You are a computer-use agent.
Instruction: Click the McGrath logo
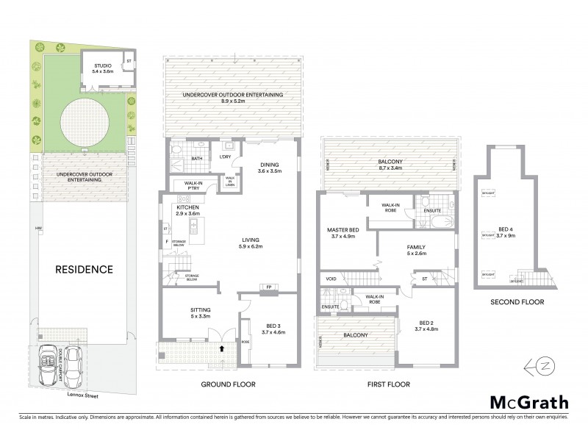(x=529, y=401)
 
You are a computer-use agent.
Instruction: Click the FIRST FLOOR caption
(x=389, y=384)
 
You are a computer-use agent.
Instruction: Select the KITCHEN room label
(x=189, y=207)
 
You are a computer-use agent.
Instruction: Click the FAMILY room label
(x=416, y=248)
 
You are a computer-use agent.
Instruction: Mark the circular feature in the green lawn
(x=83, y=123)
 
